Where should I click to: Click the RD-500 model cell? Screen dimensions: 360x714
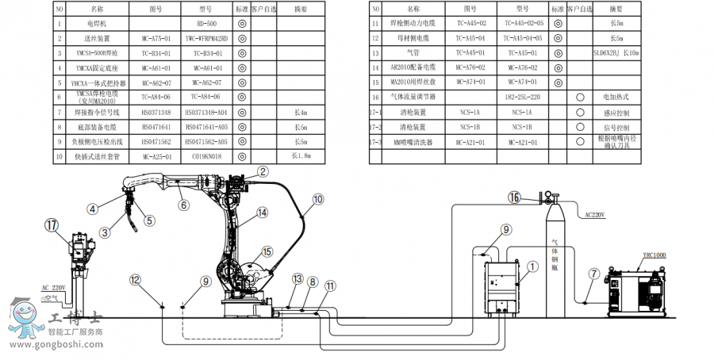tap(205, 24)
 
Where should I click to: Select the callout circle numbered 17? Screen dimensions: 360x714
tap(52, 225)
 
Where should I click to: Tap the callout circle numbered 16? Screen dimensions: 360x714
tap(514, 197)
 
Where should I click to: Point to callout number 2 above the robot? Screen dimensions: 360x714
tap(263, 170)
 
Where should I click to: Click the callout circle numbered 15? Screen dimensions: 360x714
tap(267, 251)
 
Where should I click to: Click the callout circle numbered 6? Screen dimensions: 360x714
tap(183, 205)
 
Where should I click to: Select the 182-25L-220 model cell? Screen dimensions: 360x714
tap(526, 96)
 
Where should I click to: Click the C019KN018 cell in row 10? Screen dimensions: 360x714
tap(205, 156)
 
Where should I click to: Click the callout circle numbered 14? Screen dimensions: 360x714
tap(263, 213)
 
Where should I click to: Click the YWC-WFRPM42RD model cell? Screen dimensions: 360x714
tap(205, 37)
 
